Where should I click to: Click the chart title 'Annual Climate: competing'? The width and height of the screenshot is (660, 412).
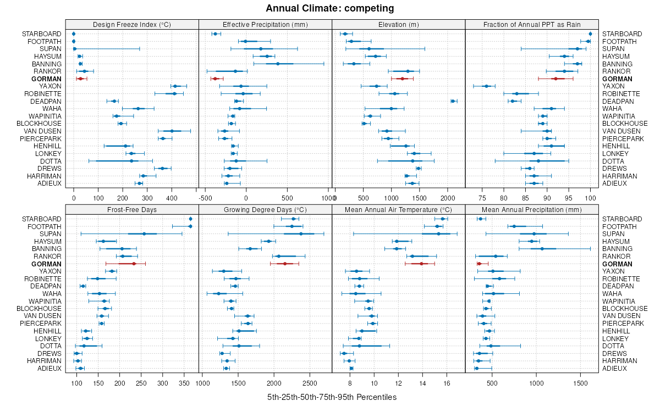pyautogui.click(x=330, y=8)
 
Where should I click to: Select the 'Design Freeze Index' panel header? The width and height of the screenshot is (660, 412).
pyautogui.click(x=132, y=24)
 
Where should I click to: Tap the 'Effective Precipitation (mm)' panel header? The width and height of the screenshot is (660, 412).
pyautogui.click(x=265, y=24)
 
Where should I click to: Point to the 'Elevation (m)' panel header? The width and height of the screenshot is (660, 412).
pyautogui.click(x=399, y=24)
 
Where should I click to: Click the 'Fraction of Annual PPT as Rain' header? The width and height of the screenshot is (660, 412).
pyautogui.click(x=532, y=24)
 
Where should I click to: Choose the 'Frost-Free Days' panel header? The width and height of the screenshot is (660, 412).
pyautogui.click(x=132, y=209)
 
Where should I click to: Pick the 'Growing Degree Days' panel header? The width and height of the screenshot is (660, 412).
pyautogui.click(x=265, y=209)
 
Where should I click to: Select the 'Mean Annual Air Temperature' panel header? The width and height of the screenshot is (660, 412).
pyautogui.click(x=399, y=209)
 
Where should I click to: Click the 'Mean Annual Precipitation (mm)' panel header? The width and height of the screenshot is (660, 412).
pyautogui.click(x=532, y=209)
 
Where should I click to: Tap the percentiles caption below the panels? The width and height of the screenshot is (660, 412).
pyautogui.click(x=332, y=397)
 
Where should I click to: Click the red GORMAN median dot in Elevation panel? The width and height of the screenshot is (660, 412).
pyautogui.click(x=402, y=79)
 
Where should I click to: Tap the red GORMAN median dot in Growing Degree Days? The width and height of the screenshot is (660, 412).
pyautogui.click(x=285, y=264)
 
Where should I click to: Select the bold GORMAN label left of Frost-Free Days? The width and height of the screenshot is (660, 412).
pyautogui.click(x=46, y=264)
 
